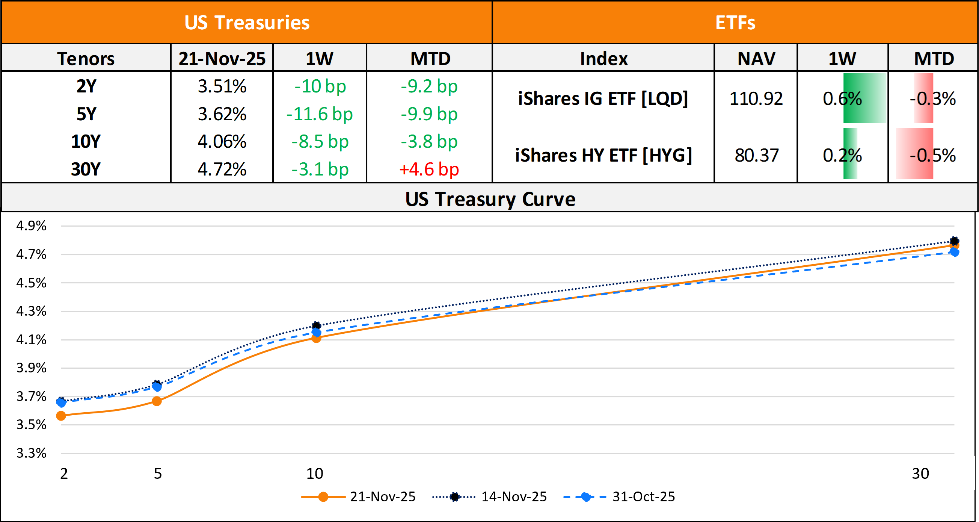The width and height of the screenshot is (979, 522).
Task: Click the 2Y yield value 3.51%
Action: (222, 86)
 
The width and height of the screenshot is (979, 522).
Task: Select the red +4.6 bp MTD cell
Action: (429, 169)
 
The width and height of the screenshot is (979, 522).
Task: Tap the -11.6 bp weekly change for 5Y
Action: (320, 114)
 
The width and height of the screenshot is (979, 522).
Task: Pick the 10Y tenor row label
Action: (86, 142)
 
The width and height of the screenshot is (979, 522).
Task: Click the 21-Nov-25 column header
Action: (222, 59)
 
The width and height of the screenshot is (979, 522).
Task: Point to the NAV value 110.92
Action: (756, 98)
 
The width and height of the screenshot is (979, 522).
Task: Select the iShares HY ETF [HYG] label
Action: (603, 155)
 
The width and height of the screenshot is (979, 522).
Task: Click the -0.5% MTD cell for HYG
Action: (933, 155)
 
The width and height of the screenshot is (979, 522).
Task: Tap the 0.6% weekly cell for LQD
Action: (842, 98)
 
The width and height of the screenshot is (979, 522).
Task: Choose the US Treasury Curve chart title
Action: (490, 199)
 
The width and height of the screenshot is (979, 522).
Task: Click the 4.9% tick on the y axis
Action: (31, 225)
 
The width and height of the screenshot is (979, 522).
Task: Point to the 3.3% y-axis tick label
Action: (31, 453)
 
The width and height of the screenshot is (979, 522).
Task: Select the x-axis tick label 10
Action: (315, 473)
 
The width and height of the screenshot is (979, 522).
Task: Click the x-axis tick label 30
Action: (920, 473)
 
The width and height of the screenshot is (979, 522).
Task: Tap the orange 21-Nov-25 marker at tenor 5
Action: (157, 401)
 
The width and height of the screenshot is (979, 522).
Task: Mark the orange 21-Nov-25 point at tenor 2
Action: (61, 416)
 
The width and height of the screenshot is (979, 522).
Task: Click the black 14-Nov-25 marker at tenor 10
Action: (316, 325)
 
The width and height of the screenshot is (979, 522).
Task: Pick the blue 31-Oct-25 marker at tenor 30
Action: (954, 252)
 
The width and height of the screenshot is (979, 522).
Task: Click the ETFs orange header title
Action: (735, 23)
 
